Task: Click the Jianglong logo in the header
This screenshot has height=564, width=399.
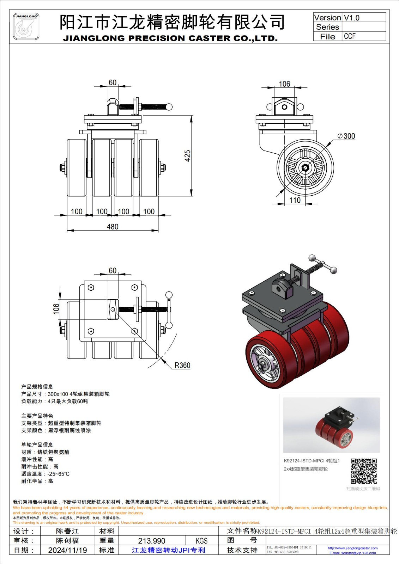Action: tap(26, 26)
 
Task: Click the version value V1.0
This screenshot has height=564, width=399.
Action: tap(352, 18)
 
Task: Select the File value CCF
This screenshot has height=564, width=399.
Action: tap(350, 36)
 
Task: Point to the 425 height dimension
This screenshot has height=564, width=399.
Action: tap(188, 155)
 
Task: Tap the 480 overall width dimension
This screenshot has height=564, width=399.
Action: tap(113, 227)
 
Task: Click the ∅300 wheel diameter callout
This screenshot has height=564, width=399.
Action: tap(346, 136)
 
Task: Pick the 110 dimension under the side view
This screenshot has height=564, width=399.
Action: tap(295, 200)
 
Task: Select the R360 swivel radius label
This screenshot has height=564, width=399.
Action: tap(182, 366)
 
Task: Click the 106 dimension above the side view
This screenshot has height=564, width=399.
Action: tap(284, 84)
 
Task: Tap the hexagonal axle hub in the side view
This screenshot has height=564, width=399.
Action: tap(305, 167)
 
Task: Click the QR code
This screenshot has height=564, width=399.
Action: tap(363, 471)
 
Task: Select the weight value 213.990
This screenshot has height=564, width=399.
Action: tap(152, 541)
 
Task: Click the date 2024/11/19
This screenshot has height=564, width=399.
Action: tap(67, 550)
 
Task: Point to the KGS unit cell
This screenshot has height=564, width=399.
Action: tap(202, 541)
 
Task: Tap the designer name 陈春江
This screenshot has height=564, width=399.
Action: tap(67, 531)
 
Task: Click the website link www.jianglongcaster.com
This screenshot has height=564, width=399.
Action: tap(352, 548)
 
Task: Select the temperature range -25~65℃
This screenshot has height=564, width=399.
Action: tap(59, 474)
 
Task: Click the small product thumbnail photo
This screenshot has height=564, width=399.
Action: tap(331, 425)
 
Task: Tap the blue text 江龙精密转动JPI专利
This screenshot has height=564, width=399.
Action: tap(168, 550)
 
